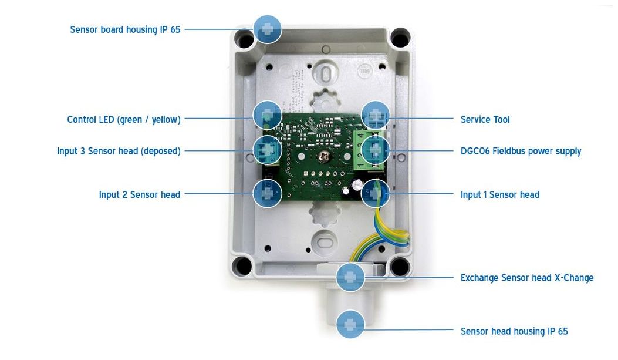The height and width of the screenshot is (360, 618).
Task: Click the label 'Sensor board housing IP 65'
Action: click(x=125, y=29)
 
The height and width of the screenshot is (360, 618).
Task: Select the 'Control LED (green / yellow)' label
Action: click(x=124, y=120)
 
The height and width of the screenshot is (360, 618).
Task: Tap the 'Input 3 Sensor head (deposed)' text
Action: click(x=119, y=151)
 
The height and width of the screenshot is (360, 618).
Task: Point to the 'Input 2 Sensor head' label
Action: click(x=140, y=194)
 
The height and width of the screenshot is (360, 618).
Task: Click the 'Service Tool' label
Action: click(x=485, y=120)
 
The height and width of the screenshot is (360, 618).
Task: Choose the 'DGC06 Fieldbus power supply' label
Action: click(x=521, y=151)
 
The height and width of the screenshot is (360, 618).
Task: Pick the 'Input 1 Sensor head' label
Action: click(x=499, y=194)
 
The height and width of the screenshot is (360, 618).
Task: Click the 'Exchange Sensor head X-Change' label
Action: click(x=526, y=278)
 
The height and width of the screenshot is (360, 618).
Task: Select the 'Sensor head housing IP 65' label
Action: click(x=514, y=331)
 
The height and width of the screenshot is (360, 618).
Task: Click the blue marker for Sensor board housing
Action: click(x=268, y=29)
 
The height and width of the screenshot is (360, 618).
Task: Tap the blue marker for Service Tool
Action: click(x=376, y=115)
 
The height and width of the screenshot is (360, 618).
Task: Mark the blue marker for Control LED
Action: click(x=268, y=115)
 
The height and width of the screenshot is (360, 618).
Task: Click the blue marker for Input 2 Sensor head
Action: click(x=268, y=193)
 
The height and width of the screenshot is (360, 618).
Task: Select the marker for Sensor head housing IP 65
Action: click(x=350, y=324)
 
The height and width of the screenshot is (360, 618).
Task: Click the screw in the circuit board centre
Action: click(x=322, y=156)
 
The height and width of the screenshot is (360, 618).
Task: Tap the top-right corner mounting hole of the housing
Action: click(x=399, y=39)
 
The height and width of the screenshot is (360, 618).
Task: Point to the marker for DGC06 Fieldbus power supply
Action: click(x=376, y=150)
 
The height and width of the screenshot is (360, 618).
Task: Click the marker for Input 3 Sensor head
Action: click(x=268, y=150)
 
